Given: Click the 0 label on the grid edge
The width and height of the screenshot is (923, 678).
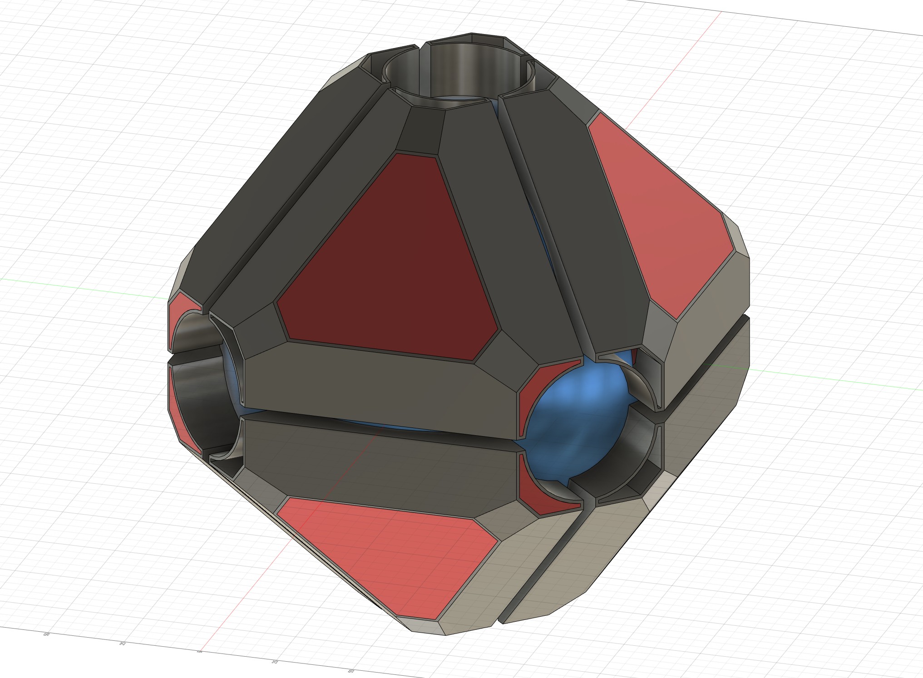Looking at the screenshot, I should click(x=200, y=652).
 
